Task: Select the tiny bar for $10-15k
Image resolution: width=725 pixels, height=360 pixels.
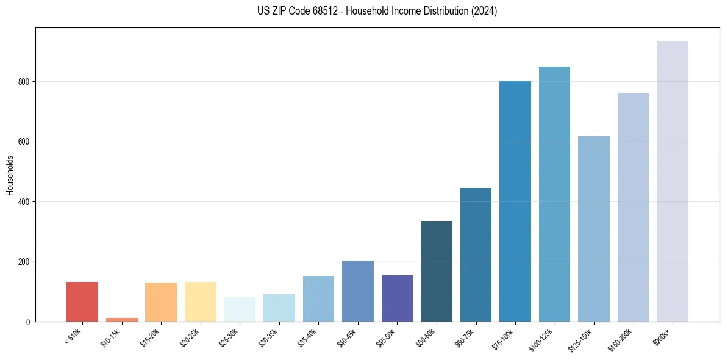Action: point(121,319)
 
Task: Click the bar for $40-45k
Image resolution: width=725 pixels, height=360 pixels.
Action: point(358,291)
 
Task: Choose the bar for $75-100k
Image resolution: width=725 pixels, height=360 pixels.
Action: point(515,201)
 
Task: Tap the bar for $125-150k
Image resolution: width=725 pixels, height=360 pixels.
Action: point(594,229)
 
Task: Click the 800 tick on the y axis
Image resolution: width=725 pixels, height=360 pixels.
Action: point(24,82)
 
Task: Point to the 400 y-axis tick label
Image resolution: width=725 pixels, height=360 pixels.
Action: point(24,202)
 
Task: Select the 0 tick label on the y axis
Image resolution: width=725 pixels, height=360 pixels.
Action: point(28,322)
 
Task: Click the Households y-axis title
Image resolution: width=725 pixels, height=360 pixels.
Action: point(10,175)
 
